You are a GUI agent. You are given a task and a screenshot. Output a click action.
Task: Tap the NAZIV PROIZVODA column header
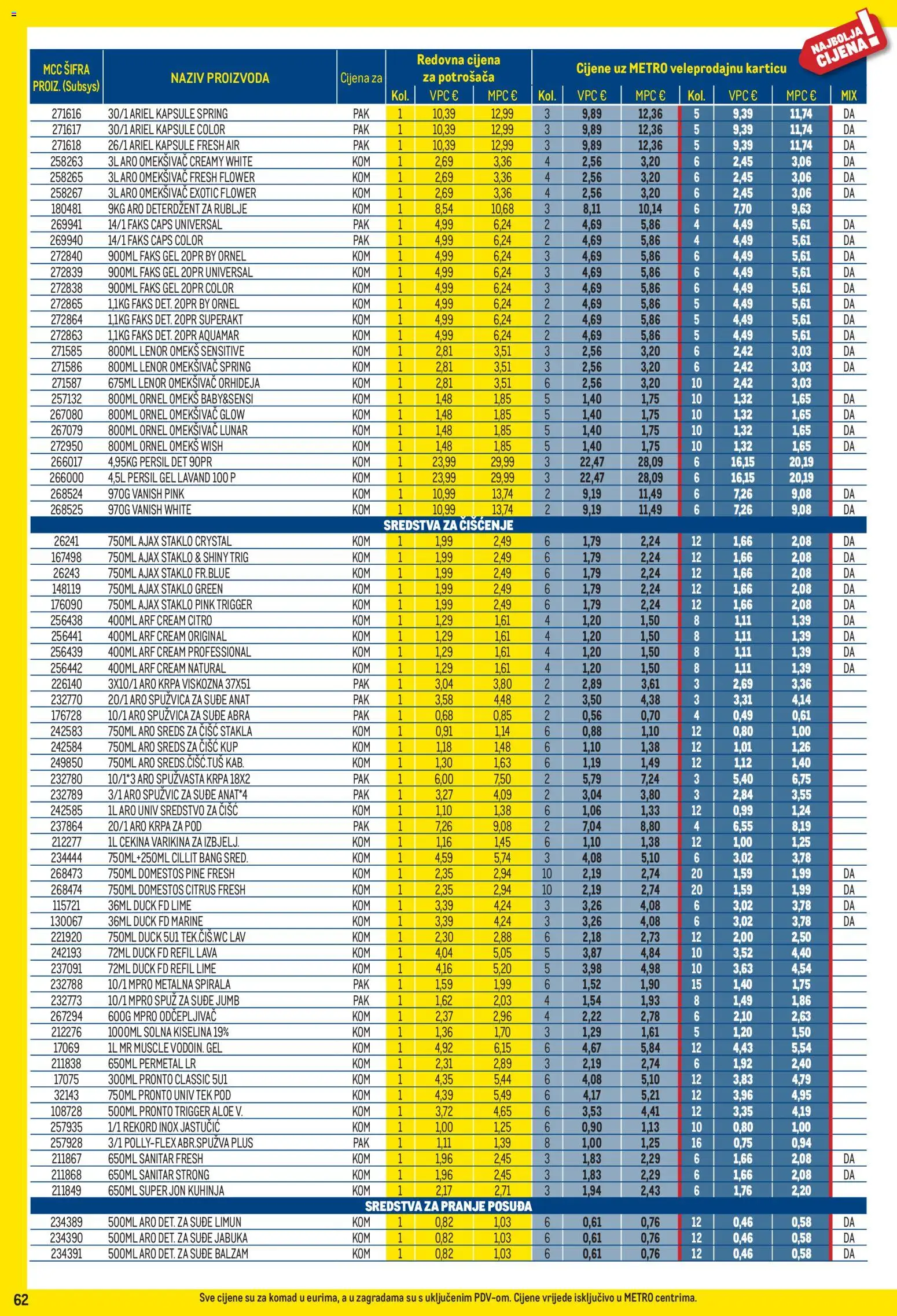(219, 78)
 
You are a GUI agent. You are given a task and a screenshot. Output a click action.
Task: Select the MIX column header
(848, 95)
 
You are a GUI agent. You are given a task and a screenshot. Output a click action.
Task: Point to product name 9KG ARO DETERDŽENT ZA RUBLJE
(177, 209)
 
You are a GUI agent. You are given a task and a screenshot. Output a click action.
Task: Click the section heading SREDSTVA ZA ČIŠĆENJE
(448, 525)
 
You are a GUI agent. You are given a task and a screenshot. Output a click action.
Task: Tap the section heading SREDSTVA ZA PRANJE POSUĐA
(448, 1207)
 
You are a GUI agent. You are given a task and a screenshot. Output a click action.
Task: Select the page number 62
(21, 1300)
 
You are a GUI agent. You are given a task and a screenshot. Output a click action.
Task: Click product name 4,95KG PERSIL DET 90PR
(160, 462)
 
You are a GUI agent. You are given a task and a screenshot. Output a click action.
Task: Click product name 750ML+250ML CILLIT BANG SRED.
(178, 858)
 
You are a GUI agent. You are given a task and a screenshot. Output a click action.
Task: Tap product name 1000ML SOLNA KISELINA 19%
(168, 1032)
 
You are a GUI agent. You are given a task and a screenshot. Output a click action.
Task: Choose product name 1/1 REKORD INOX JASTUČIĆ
(164, 1127)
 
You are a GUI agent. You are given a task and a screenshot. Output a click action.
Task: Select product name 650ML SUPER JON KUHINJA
(166, 1190)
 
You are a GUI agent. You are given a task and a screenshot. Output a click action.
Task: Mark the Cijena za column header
(361, 78)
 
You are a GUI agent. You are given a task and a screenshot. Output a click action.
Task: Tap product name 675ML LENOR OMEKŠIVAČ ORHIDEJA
(183, 383)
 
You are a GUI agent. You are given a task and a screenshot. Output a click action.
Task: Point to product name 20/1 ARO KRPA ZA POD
(155, 826)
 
